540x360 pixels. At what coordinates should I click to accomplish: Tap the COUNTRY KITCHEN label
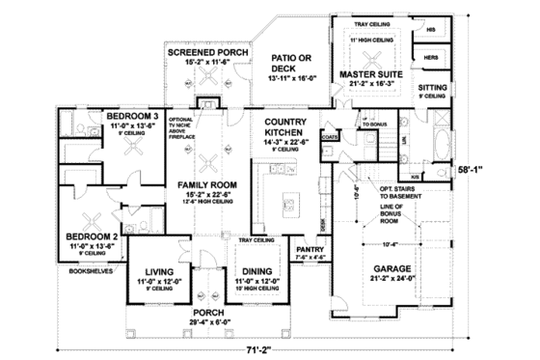coord(285,126)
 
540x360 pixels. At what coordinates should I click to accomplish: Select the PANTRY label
coord(309,249)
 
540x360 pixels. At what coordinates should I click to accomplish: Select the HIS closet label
coord(431,30)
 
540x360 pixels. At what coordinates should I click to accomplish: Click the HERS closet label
coord(430,58)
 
